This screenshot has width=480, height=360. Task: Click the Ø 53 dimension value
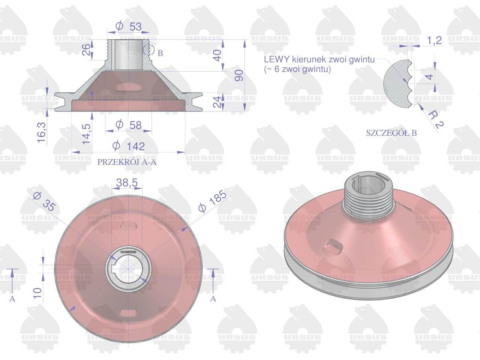[x=129, y=27]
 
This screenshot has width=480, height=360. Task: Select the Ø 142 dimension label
[x=129, y=146]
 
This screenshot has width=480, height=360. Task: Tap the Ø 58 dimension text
[x=129, y=125]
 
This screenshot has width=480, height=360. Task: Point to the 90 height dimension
[x=239, y=75]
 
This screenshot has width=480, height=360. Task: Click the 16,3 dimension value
[x=42, y=132]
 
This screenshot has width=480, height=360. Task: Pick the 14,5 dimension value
[x=86, y=134]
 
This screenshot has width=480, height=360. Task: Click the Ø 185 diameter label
[x=212, y=201]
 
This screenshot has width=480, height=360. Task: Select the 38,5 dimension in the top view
[x=127, y=183]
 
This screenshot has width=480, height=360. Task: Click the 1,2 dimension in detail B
[x=434, y=40]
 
